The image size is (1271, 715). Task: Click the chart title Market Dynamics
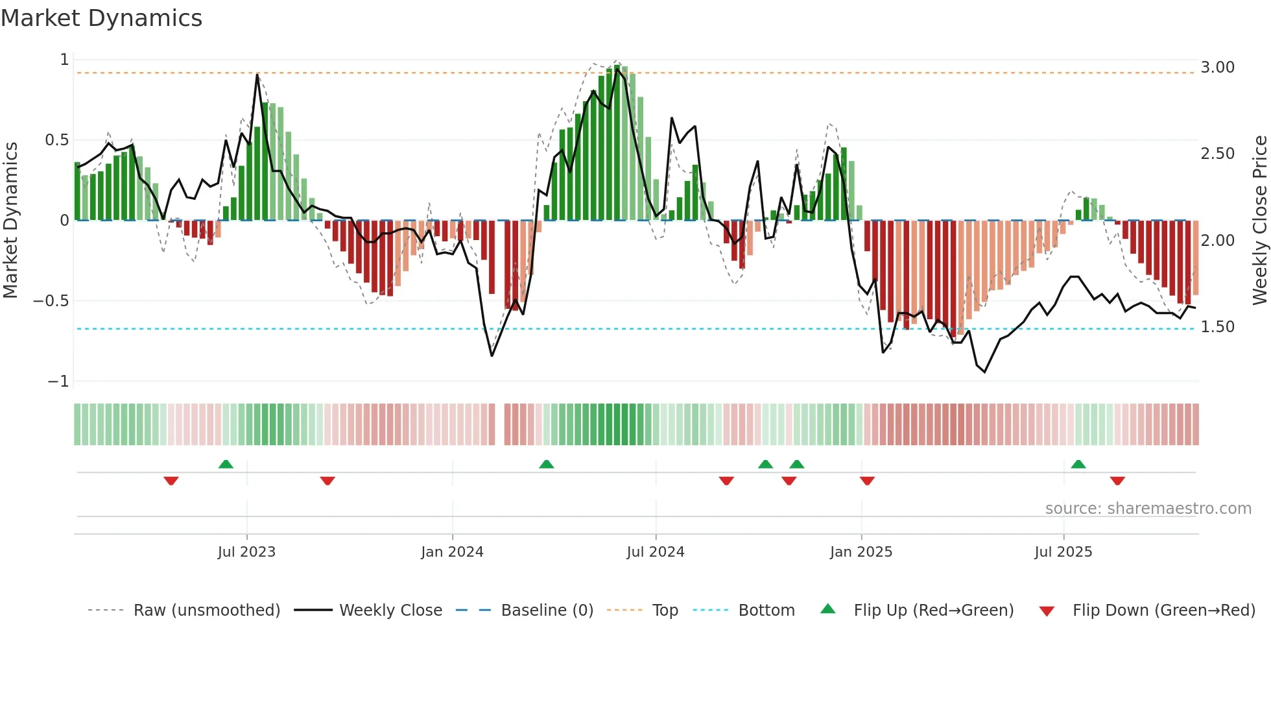[101, 18]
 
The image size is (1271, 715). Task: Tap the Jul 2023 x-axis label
[246, 552]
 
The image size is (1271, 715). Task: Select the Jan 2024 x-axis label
[452, 552]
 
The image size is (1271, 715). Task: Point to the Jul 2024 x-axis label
[656, 552]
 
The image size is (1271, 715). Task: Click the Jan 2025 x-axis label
[861, 552]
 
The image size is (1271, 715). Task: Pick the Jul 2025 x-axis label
[1063, 552]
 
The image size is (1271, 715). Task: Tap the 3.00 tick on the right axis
[1217, 67]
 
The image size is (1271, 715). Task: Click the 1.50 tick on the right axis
[1217, 327]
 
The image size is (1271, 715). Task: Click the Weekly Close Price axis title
[1259, 220]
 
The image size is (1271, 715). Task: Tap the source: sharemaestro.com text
[1148, 509]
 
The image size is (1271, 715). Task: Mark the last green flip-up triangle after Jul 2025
[1078, 465]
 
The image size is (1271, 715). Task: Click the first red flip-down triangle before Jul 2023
[171, 481]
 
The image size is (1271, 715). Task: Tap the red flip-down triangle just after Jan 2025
[867, 481]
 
